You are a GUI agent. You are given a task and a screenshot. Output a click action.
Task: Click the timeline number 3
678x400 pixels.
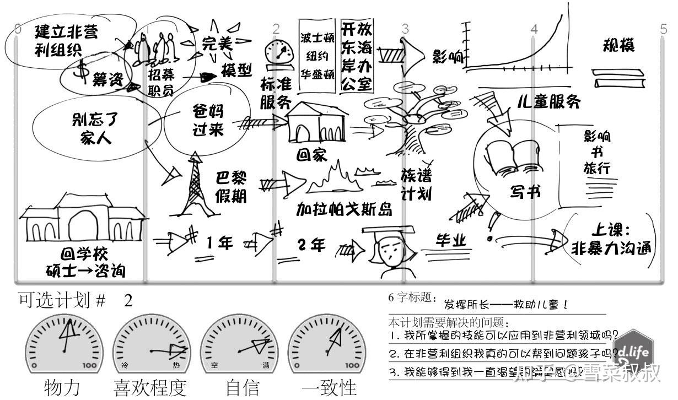click(405, 29)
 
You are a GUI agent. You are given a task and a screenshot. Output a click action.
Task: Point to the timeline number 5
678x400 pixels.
click(664, 29)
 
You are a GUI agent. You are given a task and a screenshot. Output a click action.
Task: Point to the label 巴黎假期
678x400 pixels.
click(232, 186)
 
